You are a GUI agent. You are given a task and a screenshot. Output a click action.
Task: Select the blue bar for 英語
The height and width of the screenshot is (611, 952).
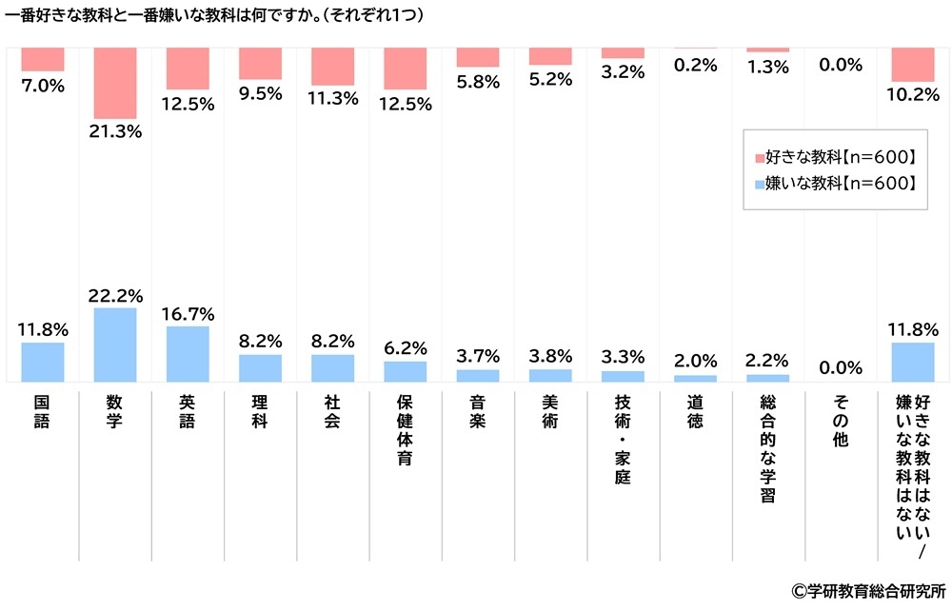tap(188, 354)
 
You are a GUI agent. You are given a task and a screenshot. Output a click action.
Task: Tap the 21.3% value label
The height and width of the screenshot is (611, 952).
tap(115, 132)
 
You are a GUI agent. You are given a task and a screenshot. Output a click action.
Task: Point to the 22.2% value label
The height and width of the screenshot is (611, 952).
tap(115, 296)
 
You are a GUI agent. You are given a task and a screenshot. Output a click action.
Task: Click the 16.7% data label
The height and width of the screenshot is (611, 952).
tap(188, 314)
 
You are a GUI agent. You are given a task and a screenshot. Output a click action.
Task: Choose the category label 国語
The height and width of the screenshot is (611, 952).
tap(42, 412)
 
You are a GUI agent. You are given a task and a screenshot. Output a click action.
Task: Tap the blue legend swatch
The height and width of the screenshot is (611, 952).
tap(759, 184)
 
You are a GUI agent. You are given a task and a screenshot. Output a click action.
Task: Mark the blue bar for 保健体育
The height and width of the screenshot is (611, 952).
tap(405, 371)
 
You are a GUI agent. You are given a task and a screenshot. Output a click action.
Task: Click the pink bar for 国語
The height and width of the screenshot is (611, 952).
tap(42, 59)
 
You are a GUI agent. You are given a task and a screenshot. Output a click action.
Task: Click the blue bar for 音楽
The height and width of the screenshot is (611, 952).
tap(477, 375)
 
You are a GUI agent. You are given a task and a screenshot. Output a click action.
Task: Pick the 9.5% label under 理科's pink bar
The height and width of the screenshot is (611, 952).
tap(260, 93)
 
